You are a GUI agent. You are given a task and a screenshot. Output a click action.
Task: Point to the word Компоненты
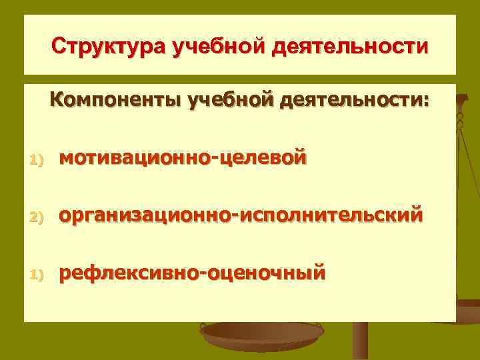114,101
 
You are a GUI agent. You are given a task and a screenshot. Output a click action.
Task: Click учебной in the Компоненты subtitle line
231,101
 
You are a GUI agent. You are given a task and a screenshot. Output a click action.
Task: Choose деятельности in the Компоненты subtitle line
347,101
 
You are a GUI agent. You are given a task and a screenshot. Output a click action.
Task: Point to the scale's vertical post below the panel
360,341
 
